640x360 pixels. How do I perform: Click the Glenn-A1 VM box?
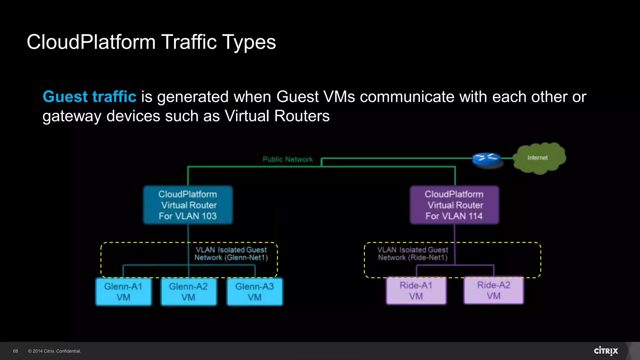[x=123, y=292]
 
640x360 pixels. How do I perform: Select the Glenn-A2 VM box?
[x=188, y=292]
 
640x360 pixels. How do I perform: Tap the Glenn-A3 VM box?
[x=255, y=292]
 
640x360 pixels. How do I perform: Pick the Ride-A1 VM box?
[x=416, y=291]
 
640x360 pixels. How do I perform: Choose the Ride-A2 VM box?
[x=494, y=290]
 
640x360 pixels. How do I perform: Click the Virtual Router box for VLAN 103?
[x=188, y=205]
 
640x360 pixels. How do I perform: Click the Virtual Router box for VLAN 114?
[x=454, y=205]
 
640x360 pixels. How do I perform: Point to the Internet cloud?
[x=539, y=158]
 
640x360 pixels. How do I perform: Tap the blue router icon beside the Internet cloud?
[x=486, y=159]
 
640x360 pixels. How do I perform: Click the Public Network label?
[x=287, y=159]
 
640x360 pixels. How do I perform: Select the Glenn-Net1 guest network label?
[x=231, y=253]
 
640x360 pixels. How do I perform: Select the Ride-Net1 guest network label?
[x=413, y=253]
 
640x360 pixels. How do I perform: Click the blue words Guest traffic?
[x=89, y=97]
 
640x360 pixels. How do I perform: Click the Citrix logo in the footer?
[x=606, y=351]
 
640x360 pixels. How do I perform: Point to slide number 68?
[x=16, y=351]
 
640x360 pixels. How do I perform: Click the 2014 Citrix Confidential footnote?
[x=55, y=351]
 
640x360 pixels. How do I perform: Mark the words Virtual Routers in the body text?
[x=277, y=116]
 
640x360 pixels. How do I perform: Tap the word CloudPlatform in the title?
[x=91, y=42]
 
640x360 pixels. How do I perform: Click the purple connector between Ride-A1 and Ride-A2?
[x=455, y=265]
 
